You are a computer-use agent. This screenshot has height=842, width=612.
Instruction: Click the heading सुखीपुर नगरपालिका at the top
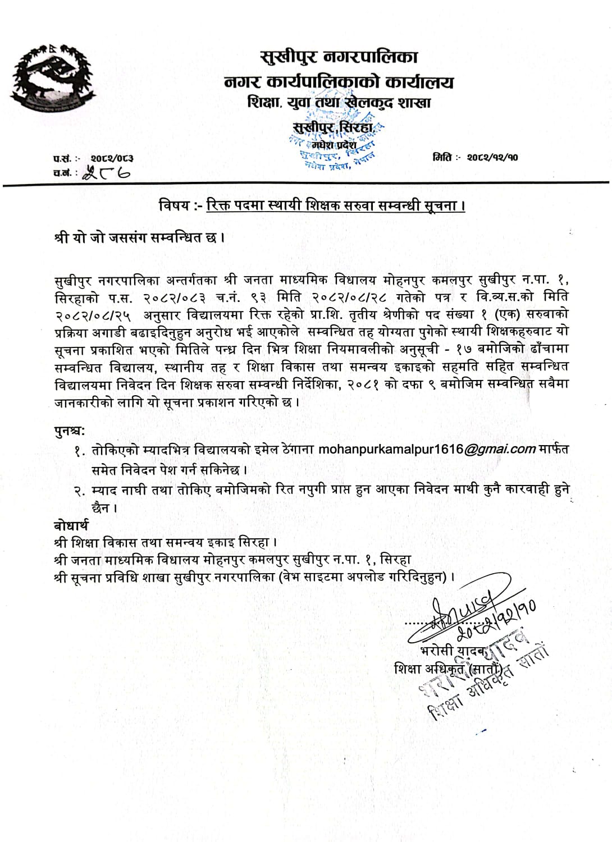coord(339,57)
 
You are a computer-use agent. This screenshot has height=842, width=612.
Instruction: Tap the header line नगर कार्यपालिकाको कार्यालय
coord(339,82)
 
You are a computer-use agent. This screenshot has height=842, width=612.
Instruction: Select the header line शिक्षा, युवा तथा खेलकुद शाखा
coord(339,103)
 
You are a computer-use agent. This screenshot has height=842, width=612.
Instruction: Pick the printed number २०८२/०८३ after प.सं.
coord(112,159)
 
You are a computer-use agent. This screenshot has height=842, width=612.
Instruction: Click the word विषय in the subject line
coord(174,206)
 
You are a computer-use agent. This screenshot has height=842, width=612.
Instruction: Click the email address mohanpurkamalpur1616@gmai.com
coord(427,449)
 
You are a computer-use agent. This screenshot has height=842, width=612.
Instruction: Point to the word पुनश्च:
coord(70,431)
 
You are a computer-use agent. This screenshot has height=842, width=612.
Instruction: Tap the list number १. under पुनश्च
coord(80,450)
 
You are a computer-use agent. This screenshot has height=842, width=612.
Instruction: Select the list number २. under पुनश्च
coord(80,491)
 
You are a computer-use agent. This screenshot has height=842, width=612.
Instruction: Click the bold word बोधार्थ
coord(71,525)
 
